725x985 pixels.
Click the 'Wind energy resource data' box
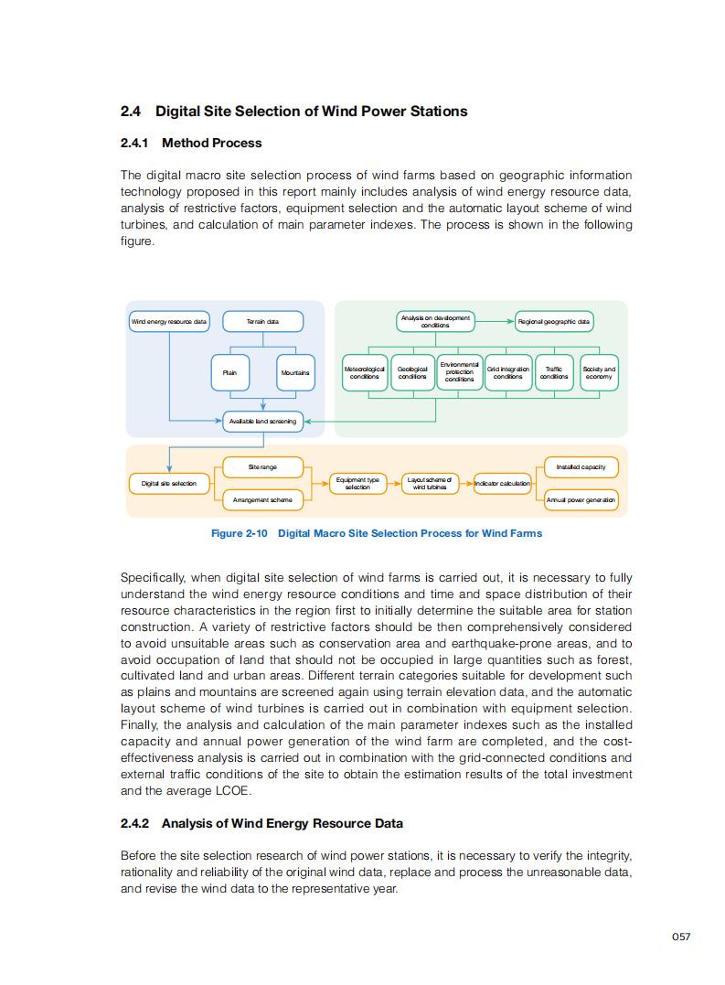tap(169, 322)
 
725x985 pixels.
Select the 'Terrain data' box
tap(263, 322)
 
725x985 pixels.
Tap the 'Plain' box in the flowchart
tap(229, 373)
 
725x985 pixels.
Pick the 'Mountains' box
tap(294, 373)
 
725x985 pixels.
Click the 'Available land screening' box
tap(262, 422)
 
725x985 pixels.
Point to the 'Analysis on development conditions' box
tap(435, 322)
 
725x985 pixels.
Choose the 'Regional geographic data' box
tap(554, 322)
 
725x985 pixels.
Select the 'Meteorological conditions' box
tap(365, 373)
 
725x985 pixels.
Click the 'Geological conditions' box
tap(412, 373)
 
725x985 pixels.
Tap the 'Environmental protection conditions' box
tap(460, 372)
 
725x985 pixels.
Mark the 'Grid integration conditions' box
tap(507, 373)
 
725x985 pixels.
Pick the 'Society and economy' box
tap(599, 373)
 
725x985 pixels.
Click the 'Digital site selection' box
tap(169, 483)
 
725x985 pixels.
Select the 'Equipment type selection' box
tap(357, 484)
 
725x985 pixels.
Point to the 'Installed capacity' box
tap(581, 467)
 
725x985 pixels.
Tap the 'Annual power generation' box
tap(581, 500)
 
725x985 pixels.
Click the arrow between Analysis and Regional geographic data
tap(495, 322)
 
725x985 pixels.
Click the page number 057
tap(680, 937)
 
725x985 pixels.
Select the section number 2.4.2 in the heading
tap(135, 823)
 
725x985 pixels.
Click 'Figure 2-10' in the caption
tap(239, 533)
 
